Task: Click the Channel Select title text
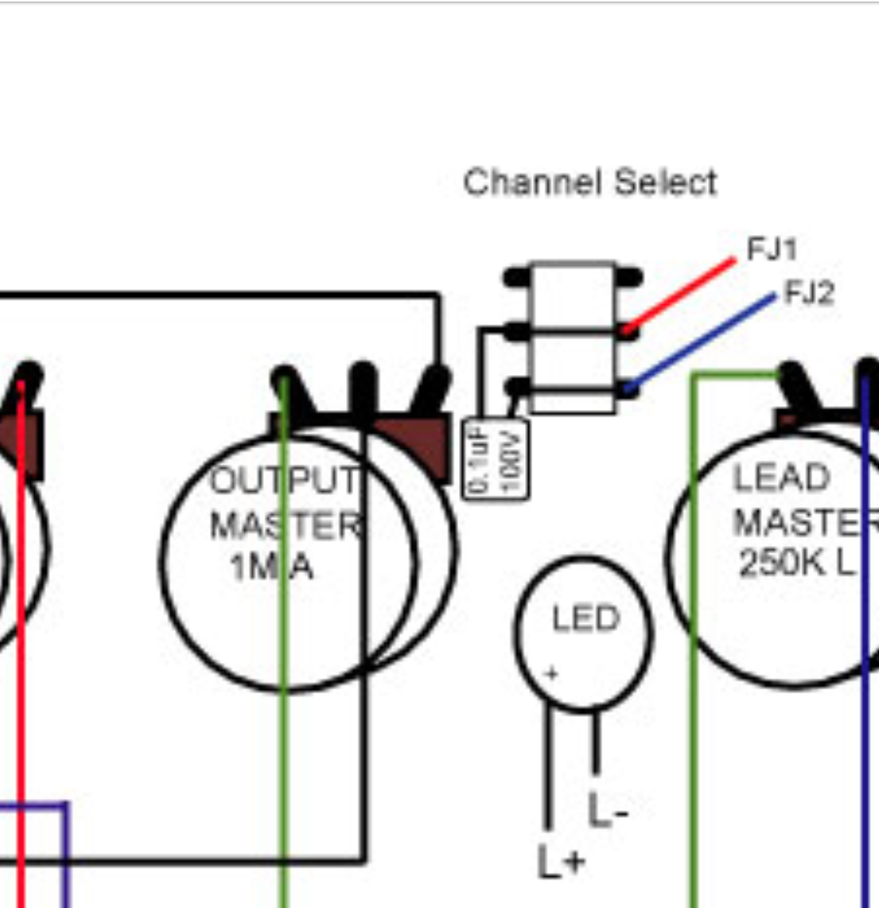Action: tap(590, 182)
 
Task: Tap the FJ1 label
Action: tap(772, 249)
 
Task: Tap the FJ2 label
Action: tap(810, 293)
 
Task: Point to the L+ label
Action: tap(561, 860)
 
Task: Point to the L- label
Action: tap(607, 811)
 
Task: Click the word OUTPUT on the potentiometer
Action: tap(284, 482)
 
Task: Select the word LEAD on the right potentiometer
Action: tap(781, 478)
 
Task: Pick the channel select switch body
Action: tap(573, 337)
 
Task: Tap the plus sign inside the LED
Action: tap(552, 674)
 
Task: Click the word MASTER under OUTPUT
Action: tap(284, 526)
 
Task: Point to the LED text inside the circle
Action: tap(585, 620)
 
